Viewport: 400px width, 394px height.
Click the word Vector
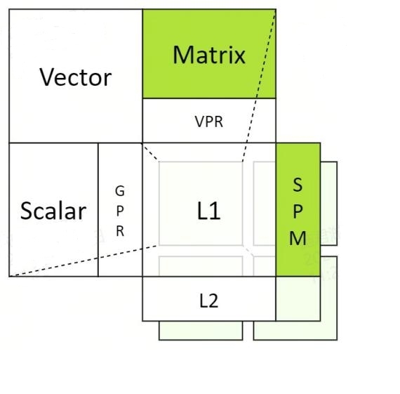pyautogui.click(x=76, y=77)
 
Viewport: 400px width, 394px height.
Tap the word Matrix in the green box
pyautogui.click(x=209, y=55)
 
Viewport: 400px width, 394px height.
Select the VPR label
pyautogui.click(x=209, y=122)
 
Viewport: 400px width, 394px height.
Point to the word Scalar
pyautogui.click(x=53, y=211)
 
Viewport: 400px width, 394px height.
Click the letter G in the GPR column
pyautogui.click(x=120, y=191)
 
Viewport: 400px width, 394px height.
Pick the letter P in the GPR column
pyautogui.click(x=120, y=211)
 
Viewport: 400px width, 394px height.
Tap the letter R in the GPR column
pyautogui.click(x=120, y=231)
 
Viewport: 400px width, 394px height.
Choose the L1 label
pyautogui.click(x=208, y=211)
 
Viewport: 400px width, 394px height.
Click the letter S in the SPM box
pyautogui.click(x=298, y=185)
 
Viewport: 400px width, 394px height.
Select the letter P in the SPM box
pyautogui.click(x=298, y=211)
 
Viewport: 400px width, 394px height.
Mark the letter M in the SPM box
pyautogui.click(x=298, y=238)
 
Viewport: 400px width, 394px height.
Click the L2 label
pyautogui.click(x=208, y=301)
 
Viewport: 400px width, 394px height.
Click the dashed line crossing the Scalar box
pyautogui.click(x=84, y=261)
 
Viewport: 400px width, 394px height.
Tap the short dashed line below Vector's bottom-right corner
pyautogui.click(x=150, y=152)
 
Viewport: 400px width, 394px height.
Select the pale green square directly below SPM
pyautogui.click(x=298, y=298)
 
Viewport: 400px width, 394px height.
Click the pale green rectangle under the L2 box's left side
pyautogui.click(x=201, y=330)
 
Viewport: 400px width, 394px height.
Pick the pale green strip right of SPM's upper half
pyautogui.click(x=329, y=204)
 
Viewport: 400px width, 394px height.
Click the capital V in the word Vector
pyautogui.click(x=48, y=77)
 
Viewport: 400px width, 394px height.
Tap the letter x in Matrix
pyautogui.click(x=239, y=57)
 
